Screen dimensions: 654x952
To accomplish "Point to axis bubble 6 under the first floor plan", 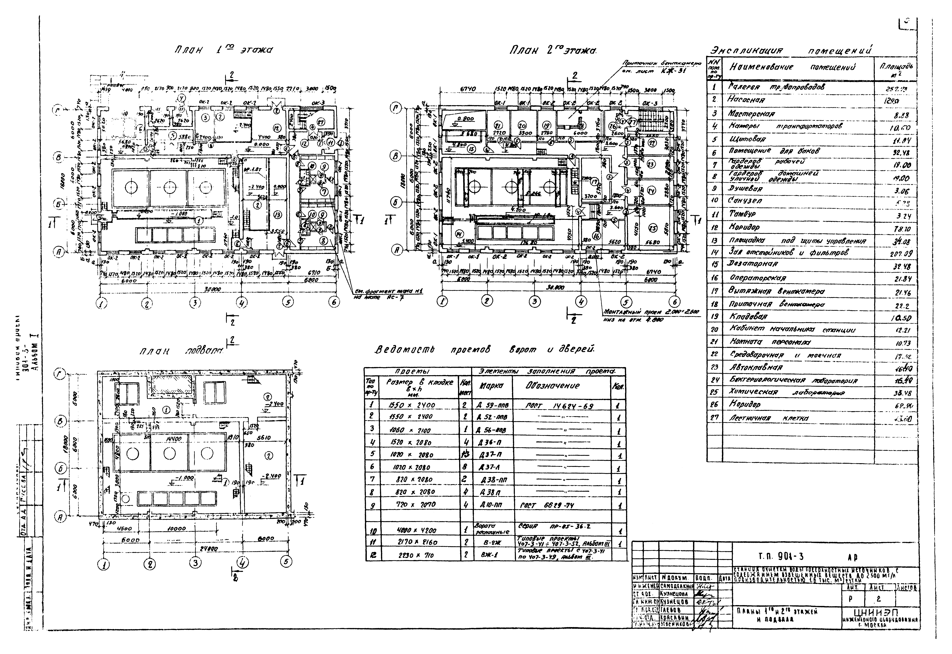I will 334,302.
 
